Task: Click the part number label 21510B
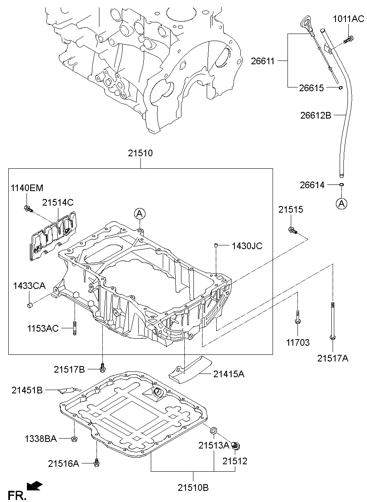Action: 194,487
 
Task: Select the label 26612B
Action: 316,116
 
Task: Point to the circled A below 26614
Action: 341,203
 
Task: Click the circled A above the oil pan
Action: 140,213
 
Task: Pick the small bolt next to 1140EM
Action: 28,208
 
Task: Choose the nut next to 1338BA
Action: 74,439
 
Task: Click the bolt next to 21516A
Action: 96,462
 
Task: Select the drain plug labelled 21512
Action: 236,446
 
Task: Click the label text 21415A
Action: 229,374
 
